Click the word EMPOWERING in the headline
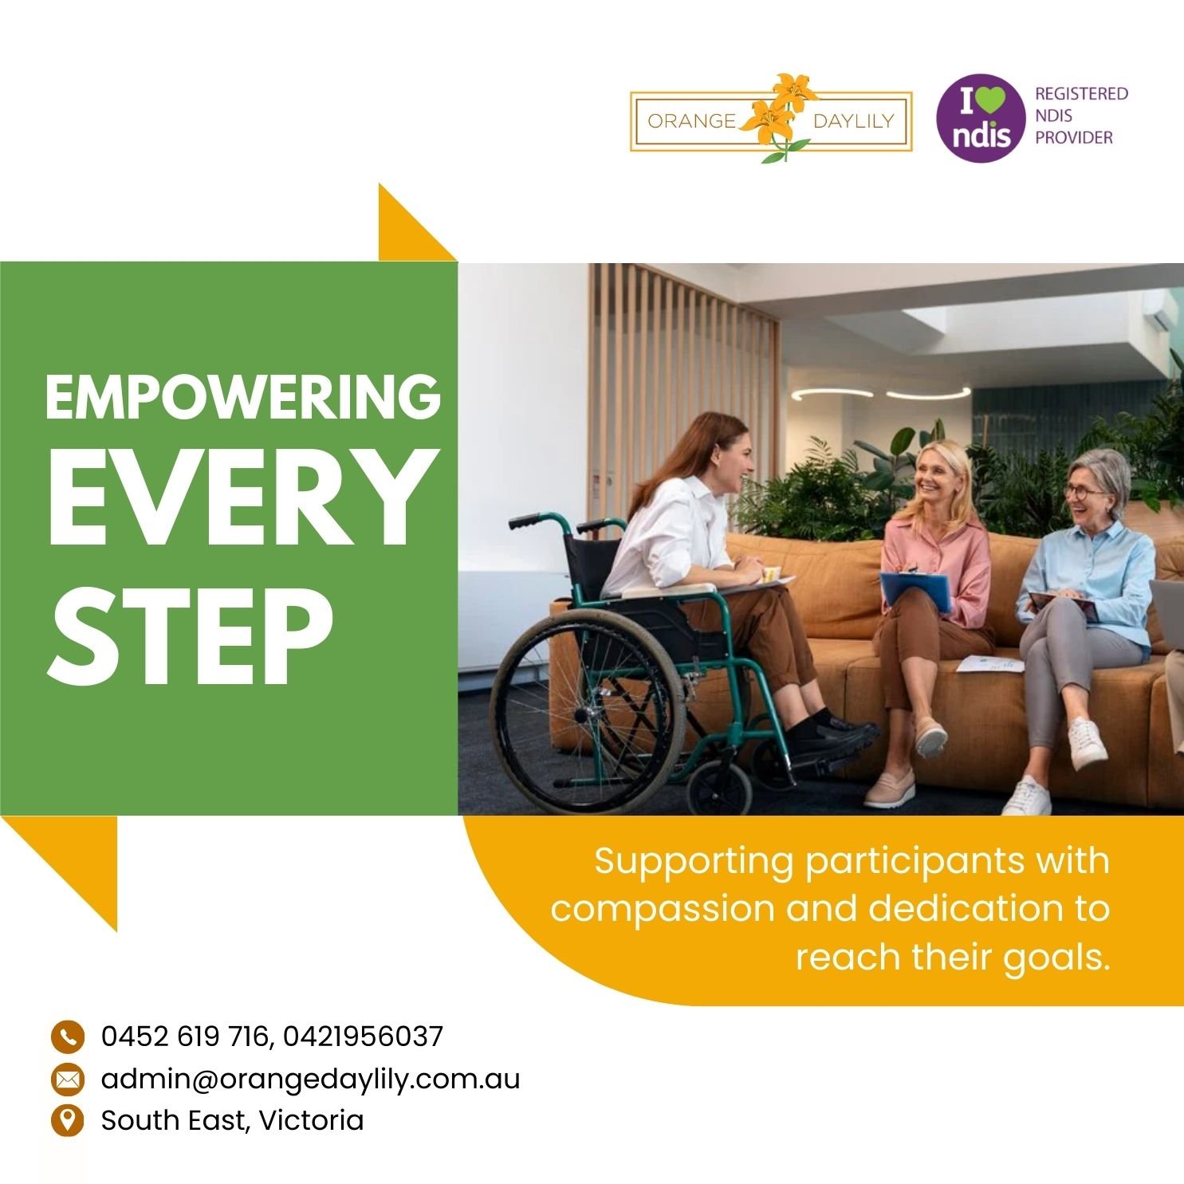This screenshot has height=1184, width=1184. point(243,396)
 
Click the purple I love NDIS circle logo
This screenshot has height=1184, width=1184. point(979,118)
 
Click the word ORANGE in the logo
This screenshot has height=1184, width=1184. point(691,121)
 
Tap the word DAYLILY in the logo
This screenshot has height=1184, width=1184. point(854,121)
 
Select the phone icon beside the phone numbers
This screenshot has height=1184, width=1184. point(67,1036)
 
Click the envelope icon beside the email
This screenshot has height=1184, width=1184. point(67,1079)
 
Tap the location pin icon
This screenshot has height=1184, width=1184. point(67,1120)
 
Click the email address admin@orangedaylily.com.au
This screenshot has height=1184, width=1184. point(310,1079)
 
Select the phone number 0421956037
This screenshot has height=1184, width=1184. point(363,1036)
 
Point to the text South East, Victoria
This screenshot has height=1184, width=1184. point(232,1120)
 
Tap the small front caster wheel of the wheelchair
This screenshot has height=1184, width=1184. point(719,787)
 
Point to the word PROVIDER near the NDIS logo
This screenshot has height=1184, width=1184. point(1073,137)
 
